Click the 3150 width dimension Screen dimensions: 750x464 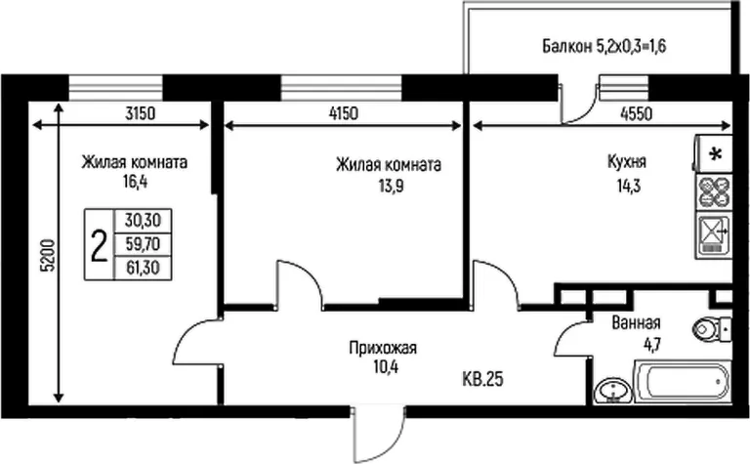[x=141, y=114]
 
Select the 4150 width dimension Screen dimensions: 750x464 [x=344, y=114]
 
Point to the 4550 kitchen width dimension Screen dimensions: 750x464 [x=637, y=114]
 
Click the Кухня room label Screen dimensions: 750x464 [x=627, y=162]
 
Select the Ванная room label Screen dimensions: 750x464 [x=636, y=323]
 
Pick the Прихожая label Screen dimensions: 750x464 [x=383, y=348]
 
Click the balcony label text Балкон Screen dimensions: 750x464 [x=566, y=47]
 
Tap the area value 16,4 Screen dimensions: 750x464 [x=135, y=183]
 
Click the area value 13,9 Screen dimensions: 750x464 [x=391, y=186]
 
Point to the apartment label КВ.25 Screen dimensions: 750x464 [x=483, y=379]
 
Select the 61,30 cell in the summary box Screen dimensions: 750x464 [x=143, y=268]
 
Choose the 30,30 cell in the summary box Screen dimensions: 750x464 [x=143, y=221]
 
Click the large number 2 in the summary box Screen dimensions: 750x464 [x=99, y=245]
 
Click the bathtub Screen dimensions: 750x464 [x=683, y=381]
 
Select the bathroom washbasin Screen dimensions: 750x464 [x=611, y=391]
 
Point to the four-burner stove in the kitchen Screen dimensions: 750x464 [x=714, y=191]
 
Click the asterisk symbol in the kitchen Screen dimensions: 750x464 [x=716, y=154]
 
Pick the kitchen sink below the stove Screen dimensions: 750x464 [x=713, y=235]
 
